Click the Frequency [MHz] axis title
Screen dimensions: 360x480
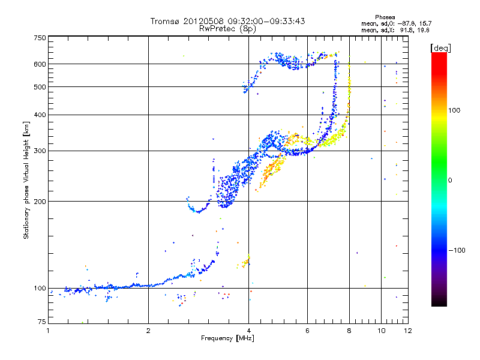coord(228,338)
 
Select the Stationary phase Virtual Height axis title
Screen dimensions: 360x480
coord(26,180)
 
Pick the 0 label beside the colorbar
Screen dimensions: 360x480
coord(451,180)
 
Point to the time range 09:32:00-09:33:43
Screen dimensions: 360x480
coord(268,21)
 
